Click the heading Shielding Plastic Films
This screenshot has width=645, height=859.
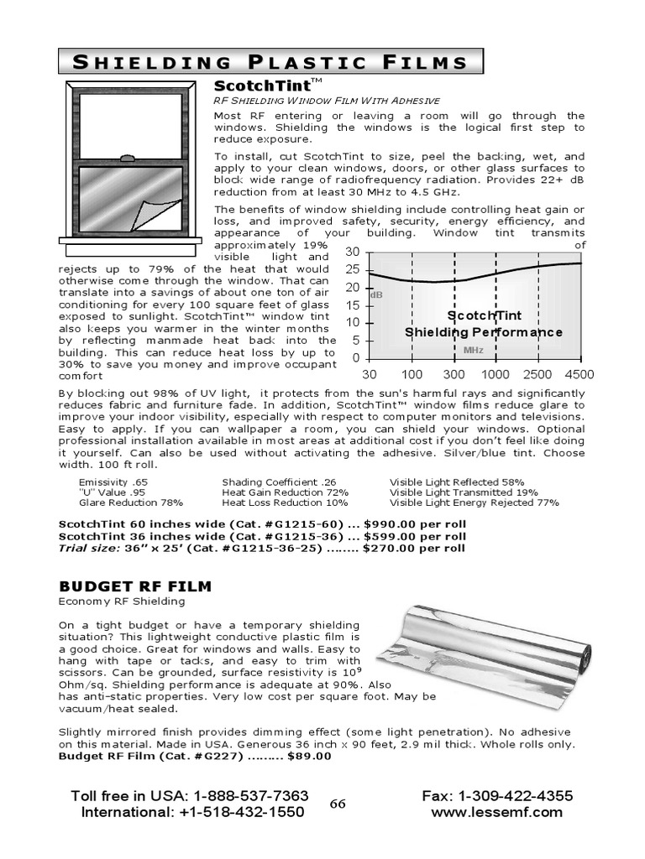pos(270,62)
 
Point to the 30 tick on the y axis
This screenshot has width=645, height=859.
pos(352,252)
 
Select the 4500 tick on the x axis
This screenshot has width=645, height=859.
pos(579,373)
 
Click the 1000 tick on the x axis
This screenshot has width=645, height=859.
pos(495,373)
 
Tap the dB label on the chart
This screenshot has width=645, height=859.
pos(376,295)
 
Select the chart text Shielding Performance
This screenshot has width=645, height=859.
pos(484,332)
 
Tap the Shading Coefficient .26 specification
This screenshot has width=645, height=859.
pos(273,482)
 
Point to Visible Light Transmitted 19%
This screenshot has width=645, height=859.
pos(464,492)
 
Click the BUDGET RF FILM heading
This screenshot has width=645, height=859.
pos(134,586)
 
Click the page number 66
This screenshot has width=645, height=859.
pos(338,804)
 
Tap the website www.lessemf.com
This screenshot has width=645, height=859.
pos(496,812)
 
